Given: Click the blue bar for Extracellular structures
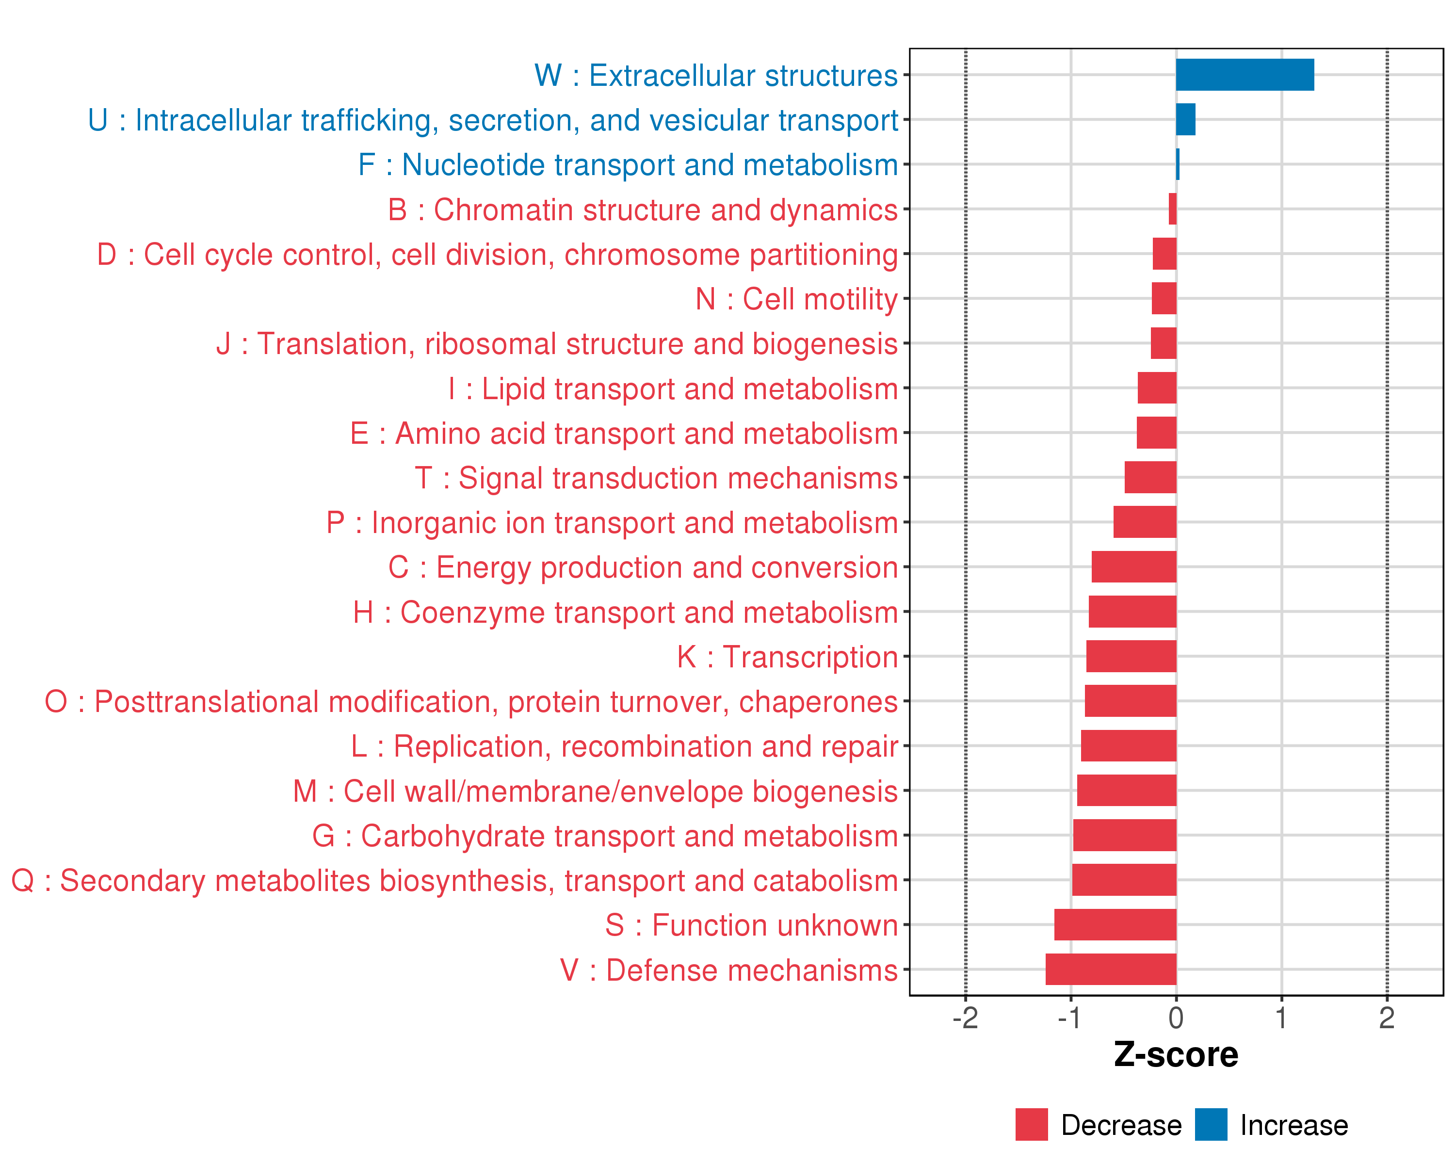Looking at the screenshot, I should click(x=1245, y=75).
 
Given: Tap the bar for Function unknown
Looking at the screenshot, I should click(x=1115, y=924).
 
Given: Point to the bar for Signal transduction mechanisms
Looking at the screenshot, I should click(x=1150, y=477).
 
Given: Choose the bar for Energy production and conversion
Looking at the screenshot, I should click(x=1134, y=567).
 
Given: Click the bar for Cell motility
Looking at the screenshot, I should click(x=1164, y=298).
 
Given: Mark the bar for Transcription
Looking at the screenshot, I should click(x=1131, y=656).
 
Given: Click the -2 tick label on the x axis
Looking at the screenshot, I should click(x=965, y=1018).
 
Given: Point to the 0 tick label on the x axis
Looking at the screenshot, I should click(x=1176, y=1018).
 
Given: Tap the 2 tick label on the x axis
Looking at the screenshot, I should click(x=1387, y=1018).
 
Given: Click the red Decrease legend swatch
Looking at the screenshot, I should click(x=1031, y=1125).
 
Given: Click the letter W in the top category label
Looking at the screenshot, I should click(x=548, y=76).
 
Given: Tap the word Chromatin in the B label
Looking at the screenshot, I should click(x=503, y=210).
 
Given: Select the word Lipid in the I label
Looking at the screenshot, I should click(x=513, y=389).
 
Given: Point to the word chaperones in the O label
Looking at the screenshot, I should click(x=818, y=702).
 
